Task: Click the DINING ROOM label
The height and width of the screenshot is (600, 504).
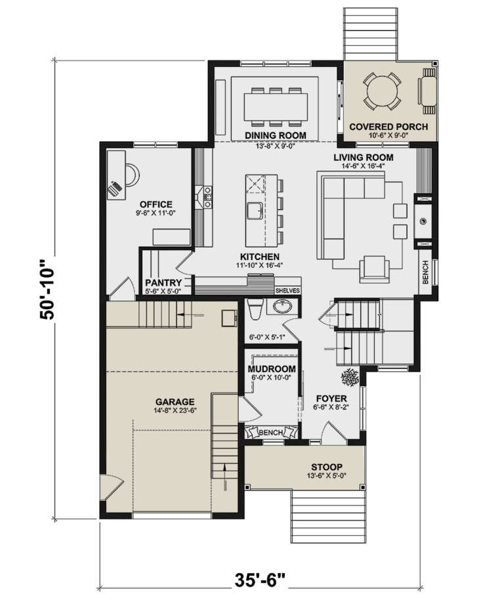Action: [276, 135]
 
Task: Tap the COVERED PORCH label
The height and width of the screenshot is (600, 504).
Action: [388, 127]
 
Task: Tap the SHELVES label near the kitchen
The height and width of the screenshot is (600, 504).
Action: [287, 289]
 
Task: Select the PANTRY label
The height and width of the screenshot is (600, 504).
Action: [163, 282]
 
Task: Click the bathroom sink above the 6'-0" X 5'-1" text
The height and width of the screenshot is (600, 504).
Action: [283, 307]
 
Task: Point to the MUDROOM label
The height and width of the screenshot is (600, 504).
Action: [272, 369]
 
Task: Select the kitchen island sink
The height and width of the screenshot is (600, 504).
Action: [254, 211]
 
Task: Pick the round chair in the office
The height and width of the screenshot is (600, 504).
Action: [131, 175]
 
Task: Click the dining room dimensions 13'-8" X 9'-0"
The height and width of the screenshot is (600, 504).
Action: [276, 145]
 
